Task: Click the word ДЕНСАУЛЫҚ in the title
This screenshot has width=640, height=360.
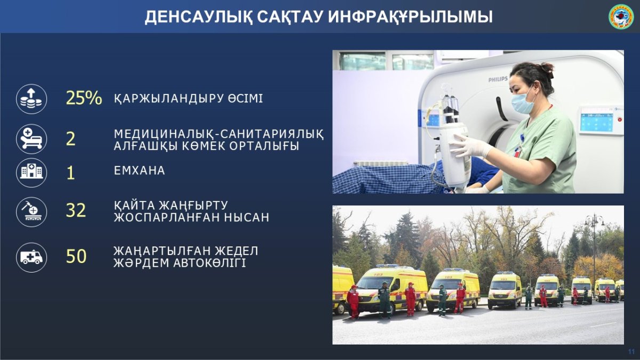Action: [x=198, y=17]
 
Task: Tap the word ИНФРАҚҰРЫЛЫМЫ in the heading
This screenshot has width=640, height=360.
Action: [x=410, y=17]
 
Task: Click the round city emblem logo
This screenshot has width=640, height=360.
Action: [x=621, y=17]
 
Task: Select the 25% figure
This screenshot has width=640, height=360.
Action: [x=84, y=98]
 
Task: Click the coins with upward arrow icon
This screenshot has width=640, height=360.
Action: [x=31, y=99]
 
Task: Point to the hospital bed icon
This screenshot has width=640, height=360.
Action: [x=31, y=139]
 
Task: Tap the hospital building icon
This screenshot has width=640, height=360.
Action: [x=31, y=173]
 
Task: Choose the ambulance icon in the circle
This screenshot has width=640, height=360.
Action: [x=31, y=257]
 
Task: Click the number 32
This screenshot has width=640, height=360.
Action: [x=76, y=210]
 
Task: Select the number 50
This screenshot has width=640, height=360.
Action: [x=76, y=256]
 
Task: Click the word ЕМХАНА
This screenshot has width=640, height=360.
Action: [x=139, y=171]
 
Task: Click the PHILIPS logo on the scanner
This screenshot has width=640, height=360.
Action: [x=498, y=79]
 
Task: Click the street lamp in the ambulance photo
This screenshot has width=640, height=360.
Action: [x=594, y=251]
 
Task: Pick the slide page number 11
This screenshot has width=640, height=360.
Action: [x=631, y=351]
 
